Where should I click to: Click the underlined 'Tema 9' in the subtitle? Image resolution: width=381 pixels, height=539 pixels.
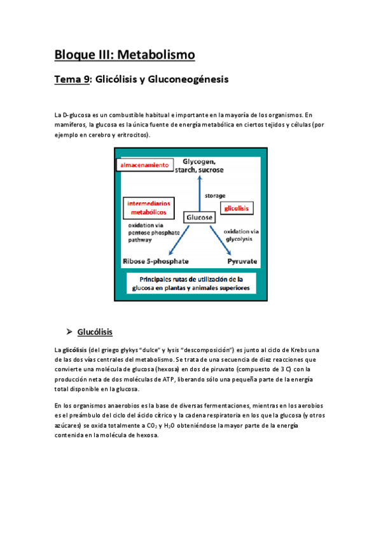pyautogui.click(x=72, y=80)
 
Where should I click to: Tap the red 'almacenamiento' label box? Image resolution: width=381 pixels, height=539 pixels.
pyautogui.click(x=144, y=165)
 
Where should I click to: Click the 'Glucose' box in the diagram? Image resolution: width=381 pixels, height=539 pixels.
pyautogui.click(x=199, y=217)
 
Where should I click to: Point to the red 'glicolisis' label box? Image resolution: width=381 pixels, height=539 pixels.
pyautogui.click(x=237, y=208)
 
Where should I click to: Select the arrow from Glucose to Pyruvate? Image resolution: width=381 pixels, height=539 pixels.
pyautogui.click(x=226, y=240)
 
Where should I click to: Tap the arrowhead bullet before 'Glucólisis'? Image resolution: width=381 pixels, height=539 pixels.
pyautogui.click(x=69, y=332)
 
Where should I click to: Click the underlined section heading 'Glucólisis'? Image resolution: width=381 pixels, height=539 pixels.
pyautogui.click(x=95, y=332)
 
